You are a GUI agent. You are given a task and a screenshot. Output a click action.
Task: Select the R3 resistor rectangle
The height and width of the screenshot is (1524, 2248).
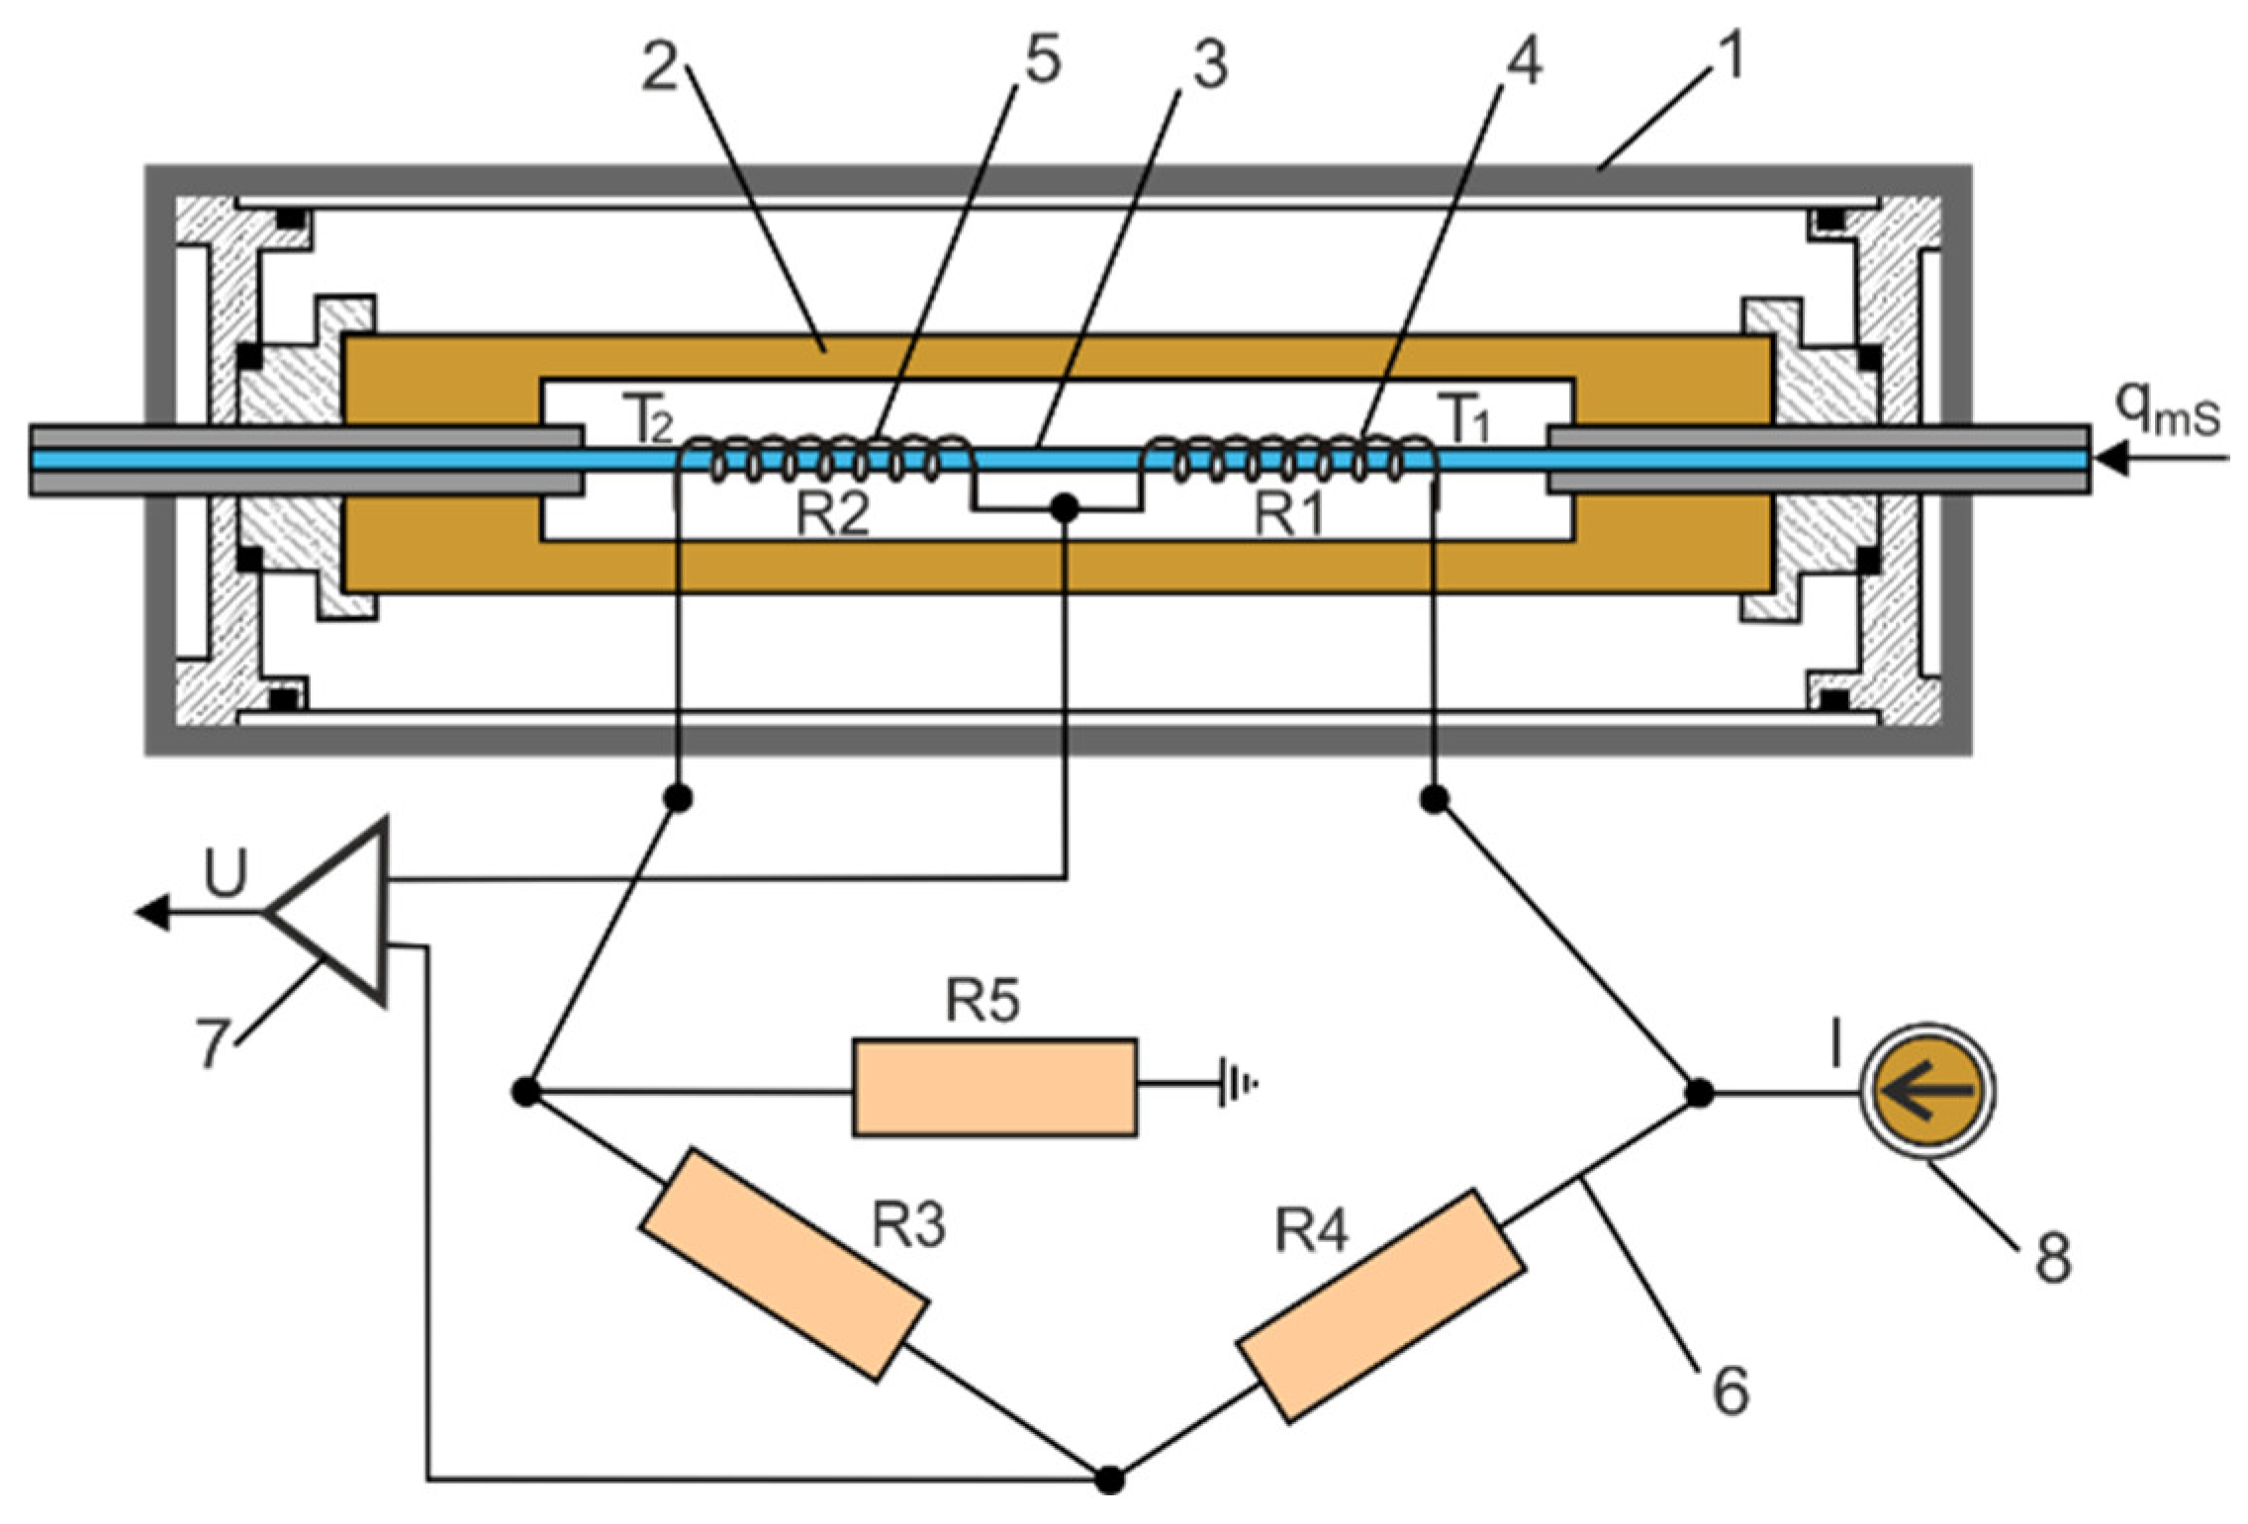point(783,1264)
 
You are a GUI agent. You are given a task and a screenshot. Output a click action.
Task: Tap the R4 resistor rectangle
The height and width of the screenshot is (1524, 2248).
point(1380,1304)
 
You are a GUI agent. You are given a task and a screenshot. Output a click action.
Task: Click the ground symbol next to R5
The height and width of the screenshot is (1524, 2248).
point(1236,1083)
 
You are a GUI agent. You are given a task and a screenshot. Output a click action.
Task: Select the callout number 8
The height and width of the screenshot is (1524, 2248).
point(2052,1258)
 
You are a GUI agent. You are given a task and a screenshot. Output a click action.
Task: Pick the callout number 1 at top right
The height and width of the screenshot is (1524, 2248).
point(1719,57)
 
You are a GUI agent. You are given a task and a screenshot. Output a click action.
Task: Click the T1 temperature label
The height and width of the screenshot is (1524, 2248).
point(1468,421)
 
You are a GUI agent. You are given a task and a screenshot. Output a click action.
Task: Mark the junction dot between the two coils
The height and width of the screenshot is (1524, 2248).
point(1064,508)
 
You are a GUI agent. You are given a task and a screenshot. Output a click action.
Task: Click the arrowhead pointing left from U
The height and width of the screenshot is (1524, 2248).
point(151,911)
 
